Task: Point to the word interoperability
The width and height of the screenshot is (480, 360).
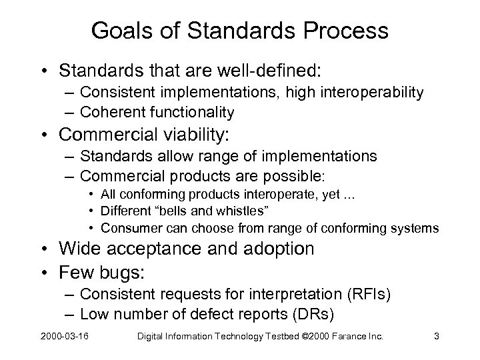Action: click(x=365, y=93)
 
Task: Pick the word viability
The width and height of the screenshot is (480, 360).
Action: click(x=188, y=135)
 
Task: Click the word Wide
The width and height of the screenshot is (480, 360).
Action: click(x=77, y=249)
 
